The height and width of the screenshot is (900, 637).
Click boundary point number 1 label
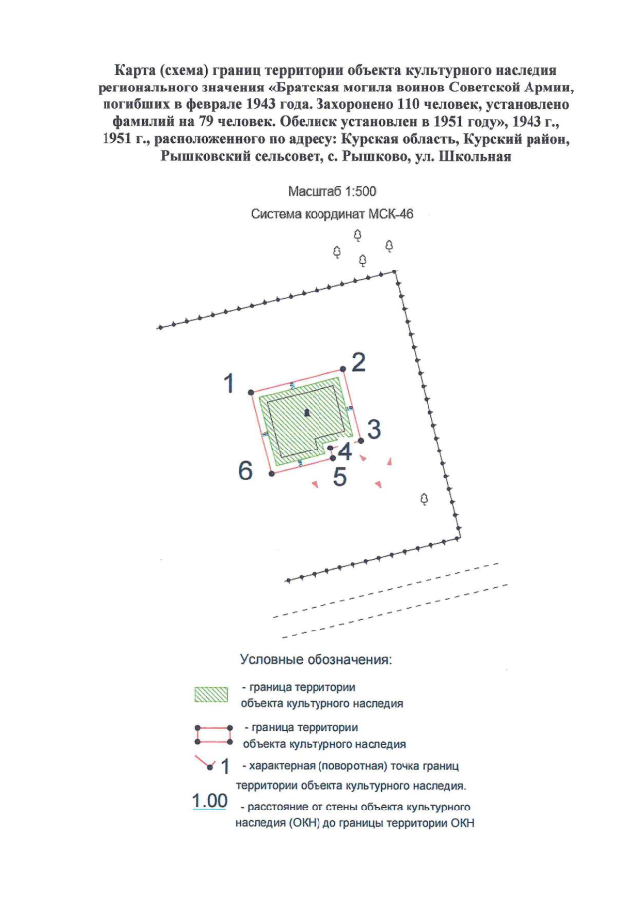(229, 382)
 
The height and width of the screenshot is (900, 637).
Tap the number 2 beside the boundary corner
(359, 362)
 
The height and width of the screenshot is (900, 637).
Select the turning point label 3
(374, 429)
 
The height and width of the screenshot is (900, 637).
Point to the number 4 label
(345, 450)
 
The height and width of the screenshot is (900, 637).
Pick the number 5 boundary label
(339, 477)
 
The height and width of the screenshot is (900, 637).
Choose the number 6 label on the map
(245, 470)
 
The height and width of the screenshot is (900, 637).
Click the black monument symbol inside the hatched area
(307, 412)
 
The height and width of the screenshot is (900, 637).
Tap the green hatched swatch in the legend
(212, 694)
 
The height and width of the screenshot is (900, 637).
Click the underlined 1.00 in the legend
(209, 801)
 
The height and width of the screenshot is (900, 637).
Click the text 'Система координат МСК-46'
(318, 214)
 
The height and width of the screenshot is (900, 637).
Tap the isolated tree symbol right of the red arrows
(425, 498)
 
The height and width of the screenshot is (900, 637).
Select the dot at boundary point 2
(342, 373)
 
